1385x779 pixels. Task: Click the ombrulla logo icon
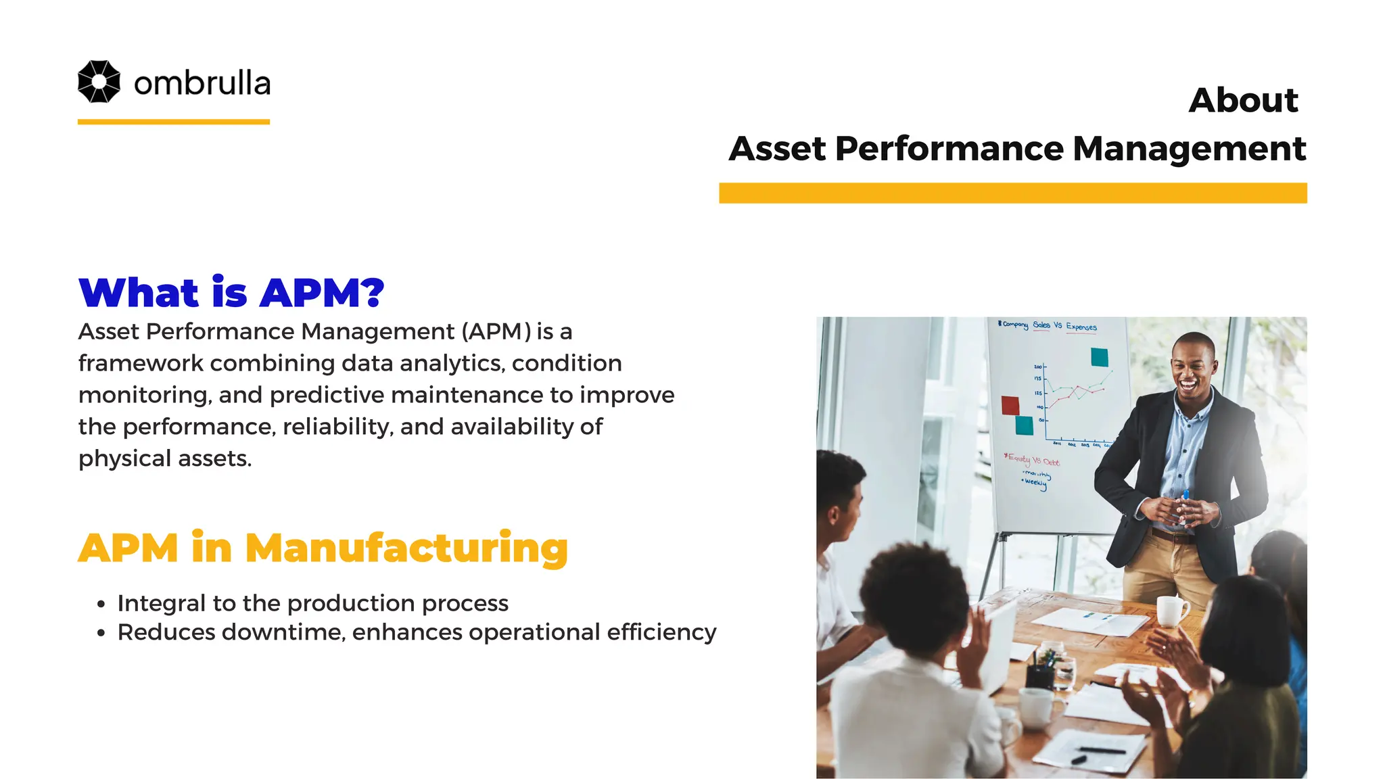click(x=99, y=82)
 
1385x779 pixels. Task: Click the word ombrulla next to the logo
click(x=202, y=83)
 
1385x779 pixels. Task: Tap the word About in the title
click(x=1243, y=100)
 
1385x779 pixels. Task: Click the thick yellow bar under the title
click(x=1012, y=193)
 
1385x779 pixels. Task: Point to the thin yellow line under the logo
click(x=173, y=122)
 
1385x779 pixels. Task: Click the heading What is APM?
click(x=231, y=293)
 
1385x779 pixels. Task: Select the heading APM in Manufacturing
click(x=323, y=548)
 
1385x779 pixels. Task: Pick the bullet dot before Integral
click(x=101, y=604)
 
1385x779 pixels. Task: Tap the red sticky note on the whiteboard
click(x=1010, y=406)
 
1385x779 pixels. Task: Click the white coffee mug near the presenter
click(x=1172, y=611)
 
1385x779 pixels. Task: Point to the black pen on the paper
click(x=1102, y=751)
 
